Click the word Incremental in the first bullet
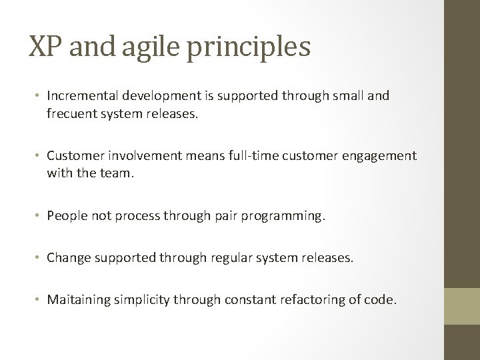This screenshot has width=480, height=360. pos(79,96)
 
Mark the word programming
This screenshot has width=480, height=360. pos(288,216)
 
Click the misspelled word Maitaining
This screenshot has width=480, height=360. pos(76,300)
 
